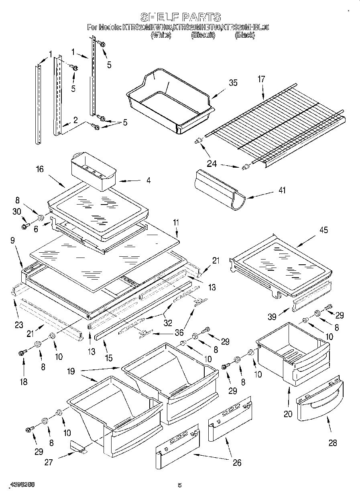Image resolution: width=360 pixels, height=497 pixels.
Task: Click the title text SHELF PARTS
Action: pyautogui.click(x=180, y=17)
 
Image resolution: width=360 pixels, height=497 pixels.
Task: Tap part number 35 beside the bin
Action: pyautogui.click(x=233, y=83)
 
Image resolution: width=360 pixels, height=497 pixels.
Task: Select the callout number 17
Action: pyautogui.click(x=261, y=79)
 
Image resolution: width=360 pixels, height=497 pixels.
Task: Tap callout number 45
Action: pyautogui.click(x=323, y=230)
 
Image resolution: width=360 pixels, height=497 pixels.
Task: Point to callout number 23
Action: pyautogui.click(x=19, y=325)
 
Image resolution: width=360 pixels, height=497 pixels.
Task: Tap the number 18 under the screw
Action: pyautogui.click(x=24, y=381)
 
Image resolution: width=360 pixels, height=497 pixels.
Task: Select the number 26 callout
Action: pyautogui.click(x=237, y=463)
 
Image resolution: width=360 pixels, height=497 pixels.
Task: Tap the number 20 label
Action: pyautogui.click(x=288, y=414)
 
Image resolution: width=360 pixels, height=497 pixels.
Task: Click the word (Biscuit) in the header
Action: pyautogui.click(x=203, y=35)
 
